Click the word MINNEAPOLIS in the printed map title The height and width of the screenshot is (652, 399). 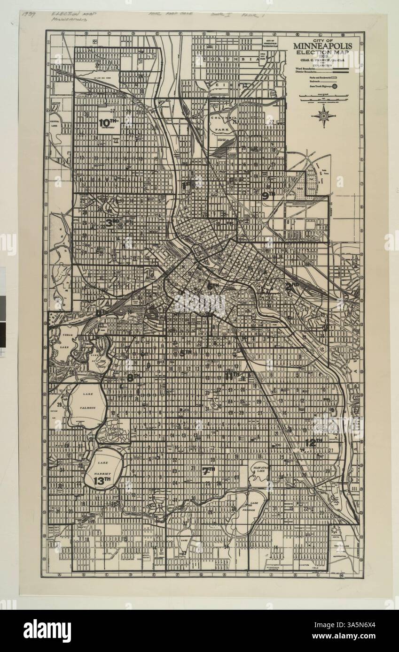click(x=325, y=46)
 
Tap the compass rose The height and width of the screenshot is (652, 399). click(x=323, y=115)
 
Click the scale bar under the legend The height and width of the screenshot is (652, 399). click(x=325, y=97)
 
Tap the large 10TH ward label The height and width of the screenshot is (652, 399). click(x=109, y=123)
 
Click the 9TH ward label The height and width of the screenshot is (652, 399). click(x=268, y=196)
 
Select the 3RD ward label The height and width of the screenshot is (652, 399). click(x=111, y=223)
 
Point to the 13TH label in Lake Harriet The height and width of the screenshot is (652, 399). click(x=101, y=481)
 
